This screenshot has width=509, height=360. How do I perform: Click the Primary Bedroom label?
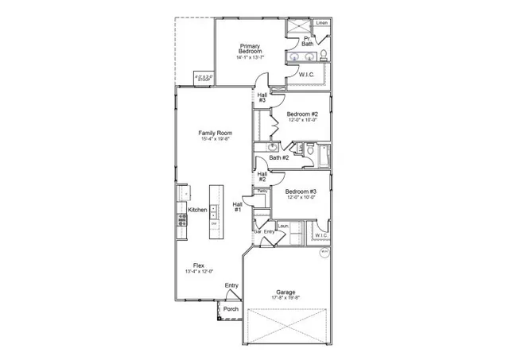(x=250, y=49)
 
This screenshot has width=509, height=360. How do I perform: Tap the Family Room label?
(x=215, y=133)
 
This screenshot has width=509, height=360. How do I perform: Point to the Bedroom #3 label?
(x=301, y=191)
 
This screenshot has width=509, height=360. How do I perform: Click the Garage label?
(x=286, y=292)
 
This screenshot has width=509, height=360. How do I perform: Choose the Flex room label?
(x=200, y=265)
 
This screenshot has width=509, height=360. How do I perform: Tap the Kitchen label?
(x=197, y=210)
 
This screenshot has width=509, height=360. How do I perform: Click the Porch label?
(x=231, y=308)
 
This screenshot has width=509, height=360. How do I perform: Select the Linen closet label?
(x=321, y=23)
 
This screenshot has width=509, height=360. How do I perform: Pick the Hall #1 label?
(x=237, y=207)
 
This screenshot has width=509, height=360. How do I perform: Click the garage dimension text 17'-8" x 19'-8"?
(x=286, y=299)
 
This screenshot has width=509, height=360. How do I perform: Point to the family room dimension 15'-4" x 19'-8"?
(x=215, y=139)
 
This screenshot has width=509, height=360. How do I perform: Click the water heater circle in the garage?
(x=324, y=253)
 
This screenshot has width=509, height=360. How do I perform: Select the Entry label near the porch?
(x=231, y=285)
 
